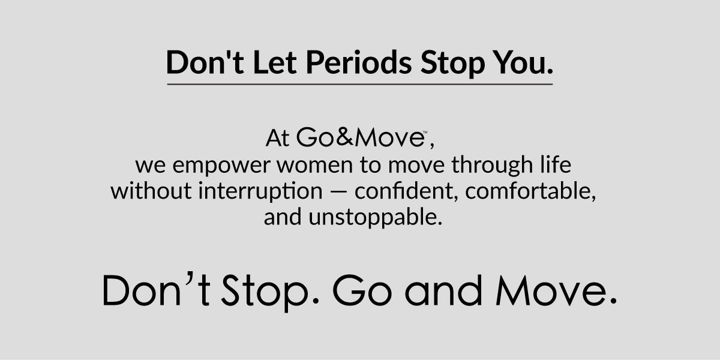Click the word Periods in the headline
click(359, 62)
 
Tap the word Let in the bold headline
click(275, 62)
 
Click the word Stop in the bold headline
click(452, 64)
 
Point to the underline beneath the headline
click(359, 84)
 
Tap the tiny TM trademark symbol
click(425, 132)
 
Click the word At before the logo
click(277, 138)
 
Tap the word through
click(492, 165)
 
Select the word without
click(151, 191)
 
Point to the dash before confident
click(338, 192)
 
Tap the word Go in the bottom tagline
click(362, 290)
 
